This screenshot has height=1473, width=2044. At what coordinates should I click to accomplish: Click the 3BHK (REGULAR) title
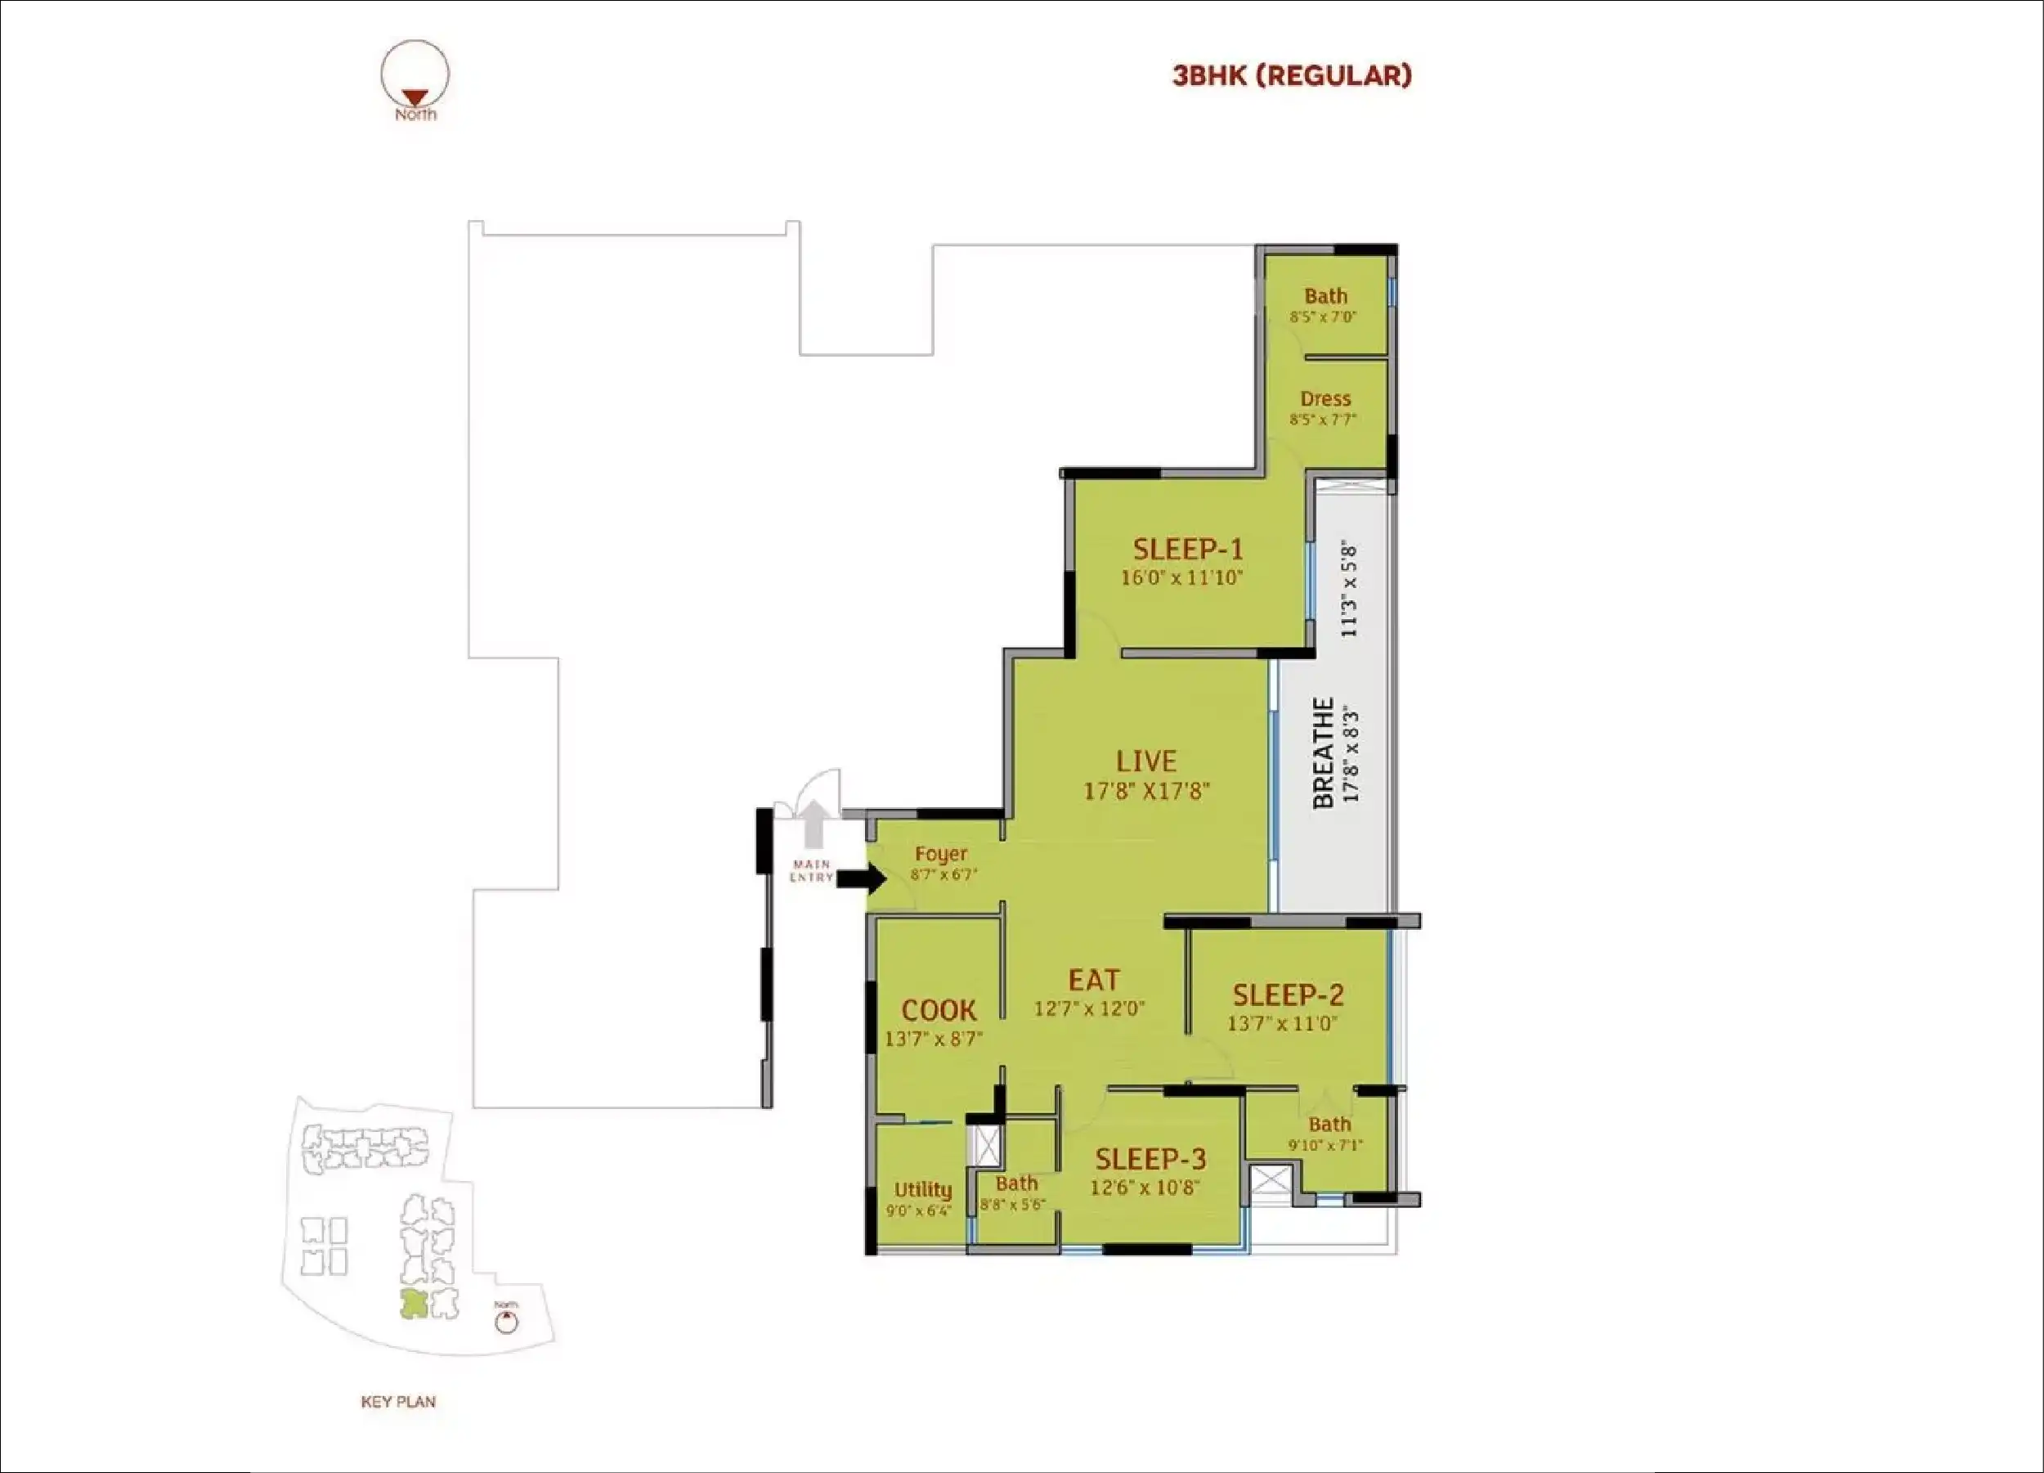point(1292,76)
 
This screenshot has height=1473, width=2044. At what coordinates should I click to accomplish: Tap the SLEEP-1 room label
point(1188,549)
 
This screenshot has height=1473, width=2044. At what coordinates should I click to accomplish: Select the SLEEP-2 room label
point(1288,995)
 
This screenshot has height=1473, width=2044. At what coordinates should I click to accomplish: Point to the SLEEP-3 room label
point(1151,1159)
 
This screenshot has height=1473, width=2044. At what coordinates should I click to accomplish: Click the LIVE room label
point(1146,761)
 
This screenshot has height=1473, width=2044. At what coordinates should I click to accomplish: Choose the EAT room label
point(1094,980)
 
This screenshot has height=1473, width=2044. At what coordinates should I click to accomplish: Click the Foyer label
point(941,854)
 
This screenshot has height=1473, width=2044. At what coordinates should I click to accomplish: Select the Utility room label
point(923,1190)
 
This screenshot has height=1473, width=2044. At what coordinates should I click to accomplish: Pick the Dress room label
point(1325,398)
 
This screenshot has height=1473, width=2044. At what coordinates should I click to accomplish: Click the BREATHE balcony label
point(1323,752)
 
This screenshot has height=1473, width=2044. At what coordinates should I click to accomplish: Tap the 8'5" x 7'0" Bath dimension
point(1323,317)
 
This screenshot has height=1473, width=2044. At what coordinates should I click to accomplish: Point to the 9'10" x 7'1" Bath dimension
point(1325,1146)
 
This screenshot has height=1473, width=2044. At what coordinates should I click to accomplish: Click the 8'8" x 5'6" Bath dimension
point(1013,1205)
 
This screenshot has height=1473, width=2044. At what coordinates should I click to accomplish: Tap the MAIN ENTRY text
point(812,871)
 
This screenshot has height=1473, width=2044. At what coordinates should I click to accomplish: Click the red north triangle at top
point(415,97)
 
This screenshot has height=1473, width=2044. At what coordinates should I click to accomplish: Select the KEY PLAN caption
point(398,1402)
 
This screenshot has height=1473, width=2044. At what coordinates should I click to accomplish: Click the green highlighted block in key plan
point(414,1304)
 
